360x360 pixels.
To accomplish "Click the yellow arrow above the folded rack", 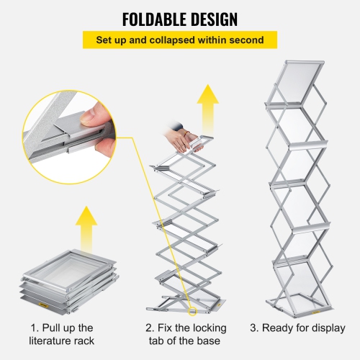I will click(87, 227).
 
